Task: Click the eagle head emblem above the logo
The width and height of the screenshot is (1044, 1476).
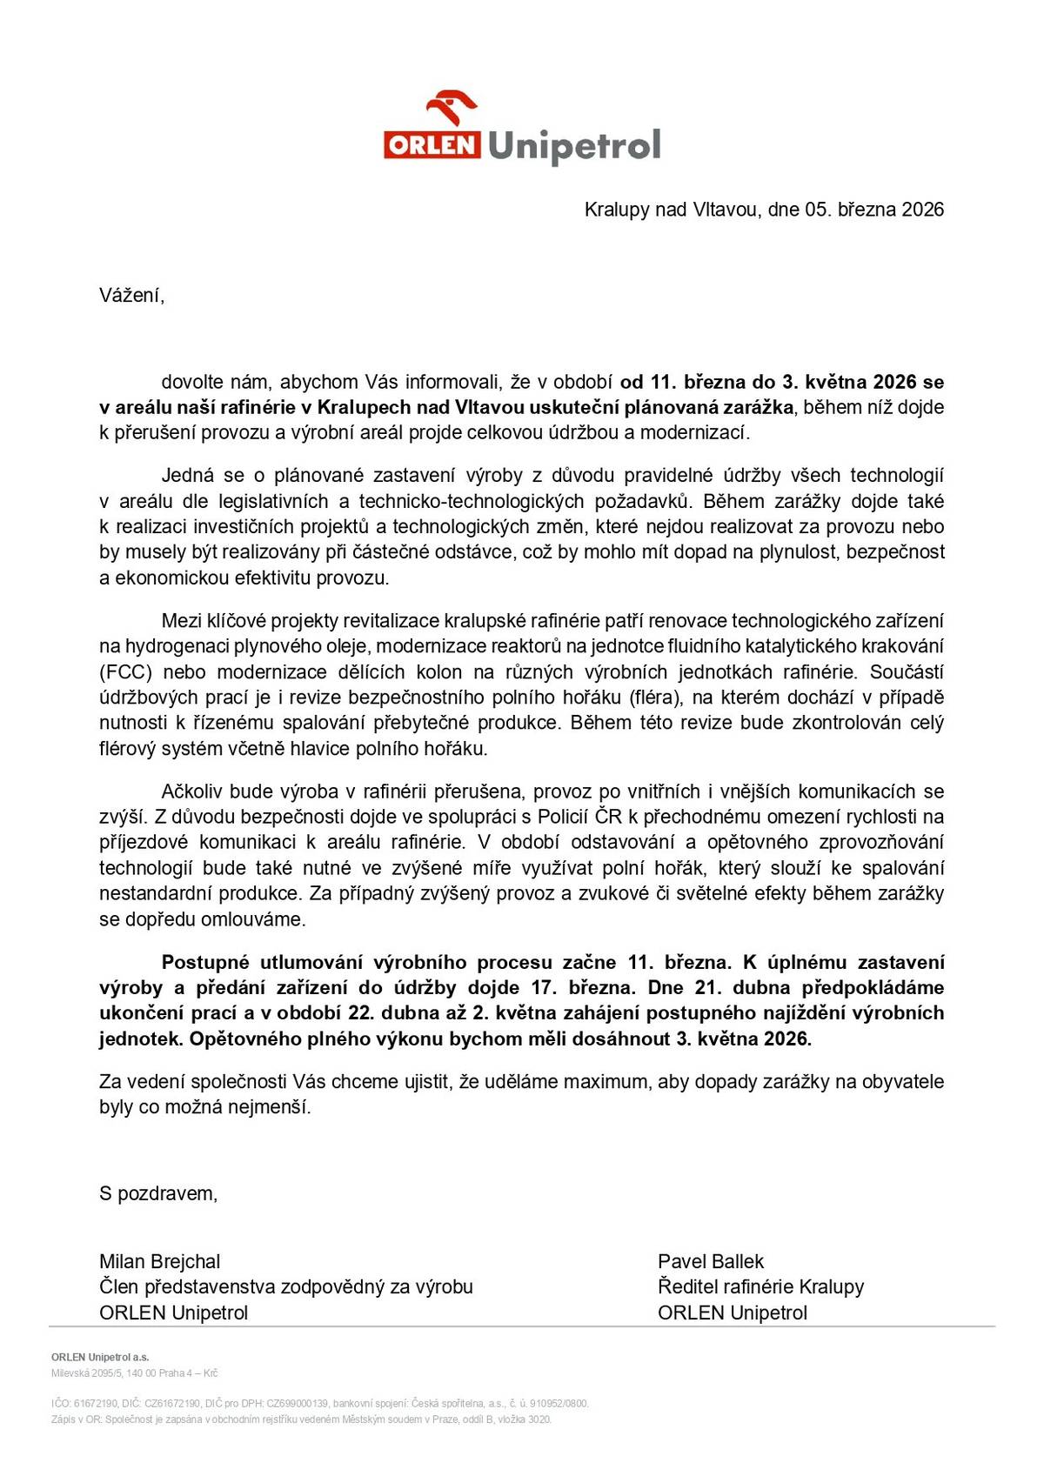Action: point(452,109)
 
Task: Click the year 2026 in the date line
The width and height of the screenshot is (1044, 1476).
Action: point(922,210)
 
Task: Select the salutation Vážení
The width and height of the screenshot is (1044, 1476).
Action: point(131,296)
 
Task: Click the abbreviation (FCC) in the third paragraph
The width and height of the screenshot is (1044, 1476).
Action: point(126,672)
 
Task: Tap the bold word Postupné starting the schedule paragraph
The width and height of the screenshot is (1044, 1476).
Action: point(205,963)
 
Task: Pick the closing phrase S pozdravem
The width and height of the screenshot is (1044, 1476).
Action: point(158,1194)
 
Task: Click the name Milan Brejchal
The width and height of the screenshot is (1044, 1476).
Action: point(159,1262)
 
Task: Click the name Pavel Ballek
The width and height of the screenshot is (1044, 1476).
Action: point(711,1262)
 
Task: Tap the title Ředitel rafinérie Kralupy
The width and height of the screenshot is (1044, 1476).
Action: point(760,1287)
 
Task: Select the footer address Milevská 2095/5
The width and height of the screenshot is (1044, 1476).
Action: point(85,1373)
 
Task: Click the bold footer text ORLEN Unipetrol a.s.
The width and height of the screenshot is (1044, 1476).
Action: point(100,1357)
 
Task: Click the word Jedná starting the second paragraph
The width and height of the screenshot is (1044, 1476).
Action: point(188,476)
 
